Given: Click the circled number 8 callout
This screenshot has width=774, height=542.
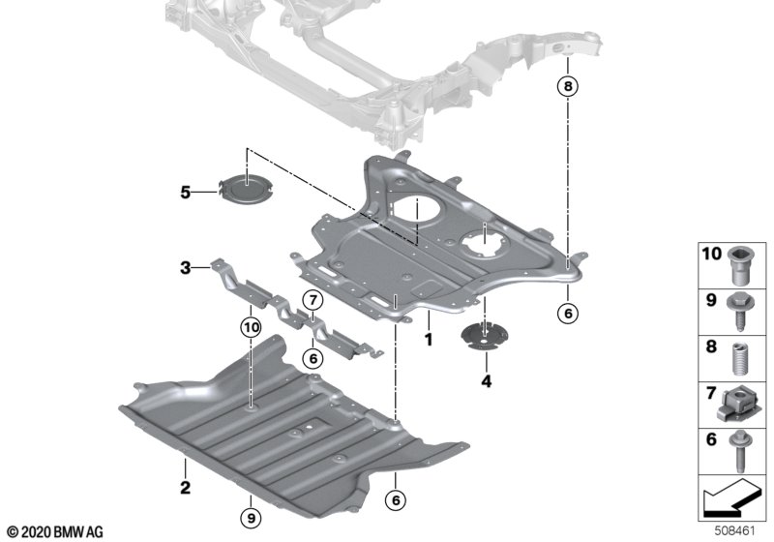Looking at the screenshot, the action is [568, 86].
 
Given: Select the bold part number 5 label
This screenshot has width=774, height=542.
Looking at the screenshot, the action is [185, 192].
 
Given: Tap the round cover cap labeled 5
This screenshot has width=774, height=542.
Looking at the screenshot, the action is [246, 188].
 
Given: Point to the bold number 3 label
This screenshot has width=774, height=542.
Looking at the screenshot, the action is [185, 268].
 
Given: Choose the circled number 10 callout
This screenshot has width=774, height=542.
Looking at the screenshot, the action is [251, 327].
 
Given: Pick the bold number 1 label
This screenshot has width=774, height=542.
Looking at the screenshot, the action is [429, 340].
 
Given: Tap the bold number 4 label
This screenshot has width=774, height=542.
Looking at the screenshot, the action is [487, 381].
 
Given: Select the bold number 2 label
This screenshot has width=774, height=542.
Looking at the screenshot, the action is [185, 488].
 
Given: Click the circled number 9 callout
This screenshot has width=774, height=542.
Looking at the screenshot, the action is [251, 519].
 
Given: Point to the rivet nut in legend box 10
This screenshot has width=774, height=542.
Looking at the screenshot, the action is [739, 265].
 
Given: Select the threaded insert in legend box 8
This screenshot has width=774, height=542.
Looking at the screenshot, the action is [739, 359].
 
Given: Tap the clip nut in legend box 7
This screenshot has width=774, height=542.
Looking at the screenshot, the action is [737, 405].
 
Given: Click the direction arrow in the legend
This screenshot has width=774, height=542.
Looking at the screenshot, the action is [732, 497].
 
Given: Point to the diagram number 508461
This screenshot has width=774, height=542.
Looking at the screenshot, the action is [735, 531].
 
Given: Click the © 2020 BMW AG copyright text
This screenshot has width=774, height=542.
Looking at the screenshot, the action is [55, 532].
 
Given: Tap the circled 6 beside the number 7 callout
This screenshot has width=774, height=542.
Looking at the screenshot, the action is [313, 358].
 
